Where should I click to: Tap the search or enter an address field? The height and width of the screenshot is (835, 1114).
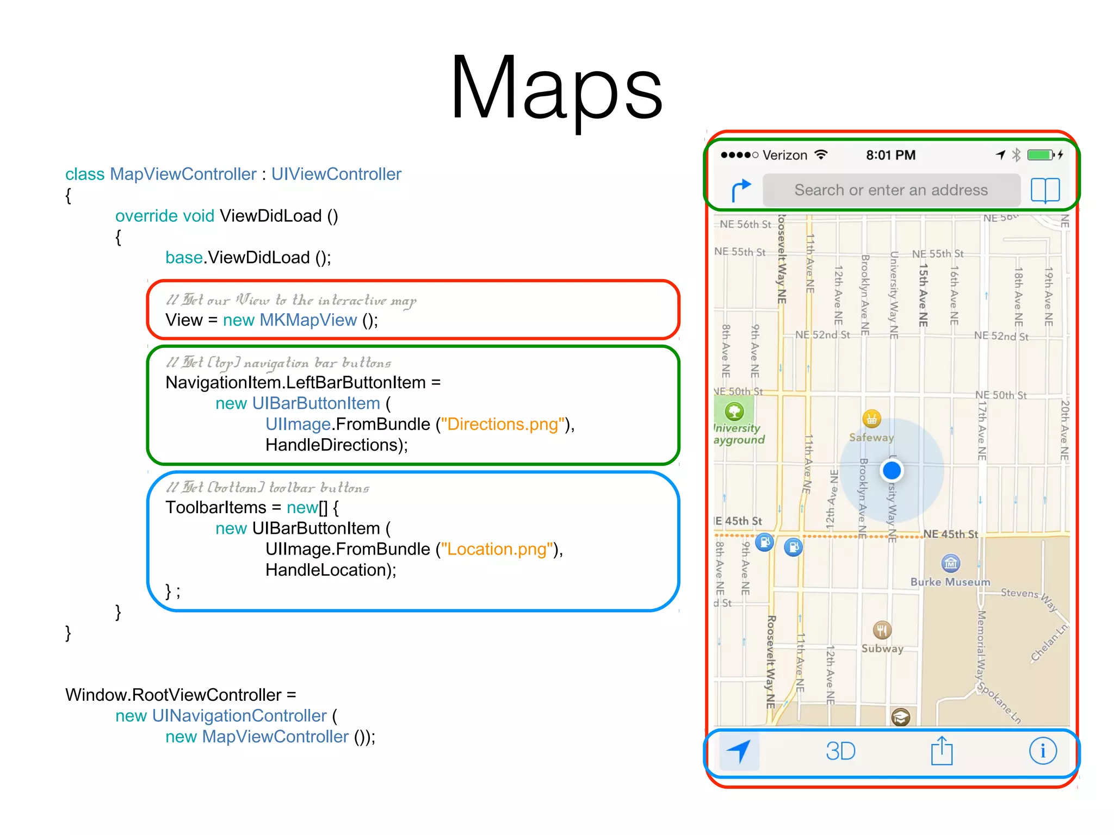[891, 190]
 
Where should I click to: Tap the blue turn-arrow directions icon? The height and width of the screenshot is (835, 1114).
[740, 190]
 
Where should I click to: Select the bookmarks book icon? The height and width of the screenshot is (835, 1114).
[1045, 190]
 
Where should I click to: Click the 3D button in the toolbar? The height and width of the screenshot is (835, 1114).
[840, 751]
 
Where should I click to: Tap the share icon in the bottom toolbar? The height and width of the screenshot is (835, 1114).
[942, 751]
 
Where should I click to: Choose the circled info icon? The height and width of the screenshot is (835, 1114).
[1043, 751]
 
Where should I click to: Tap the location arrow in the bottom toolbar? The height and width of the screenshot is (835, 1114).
[739, 751]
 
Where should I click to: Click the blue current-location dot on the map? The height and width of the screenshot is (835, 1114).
[892, 470]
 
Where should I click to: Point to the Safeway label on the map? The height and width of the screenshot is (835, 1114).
[871, 437]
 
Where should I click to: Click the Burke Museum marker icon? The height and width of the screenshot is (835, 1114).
[950, 564]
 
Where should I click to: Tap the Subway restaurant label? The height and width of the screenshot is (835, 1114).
[882, 649]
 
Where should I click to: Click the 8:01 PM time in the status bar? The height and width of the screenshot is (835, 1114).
[890, 155]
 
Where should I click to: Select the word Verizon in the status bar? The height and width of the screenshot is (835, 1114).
[784, 155]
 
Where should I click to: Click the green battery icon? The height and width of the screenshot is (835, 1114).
[1040, 155]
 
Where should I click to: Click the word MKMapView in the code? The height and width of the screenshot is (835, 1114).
[308, 320]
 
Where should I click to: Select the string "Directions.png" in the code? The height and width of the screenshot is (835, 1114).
[503, 424]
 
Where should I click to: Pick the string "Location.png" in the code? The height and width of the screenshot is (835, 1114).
[497, 549]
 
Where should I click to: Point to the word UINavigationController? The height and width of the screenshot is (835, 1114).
[239, 716]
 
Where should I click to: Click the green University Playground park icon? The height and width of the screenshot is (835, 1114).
[734, 411]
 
